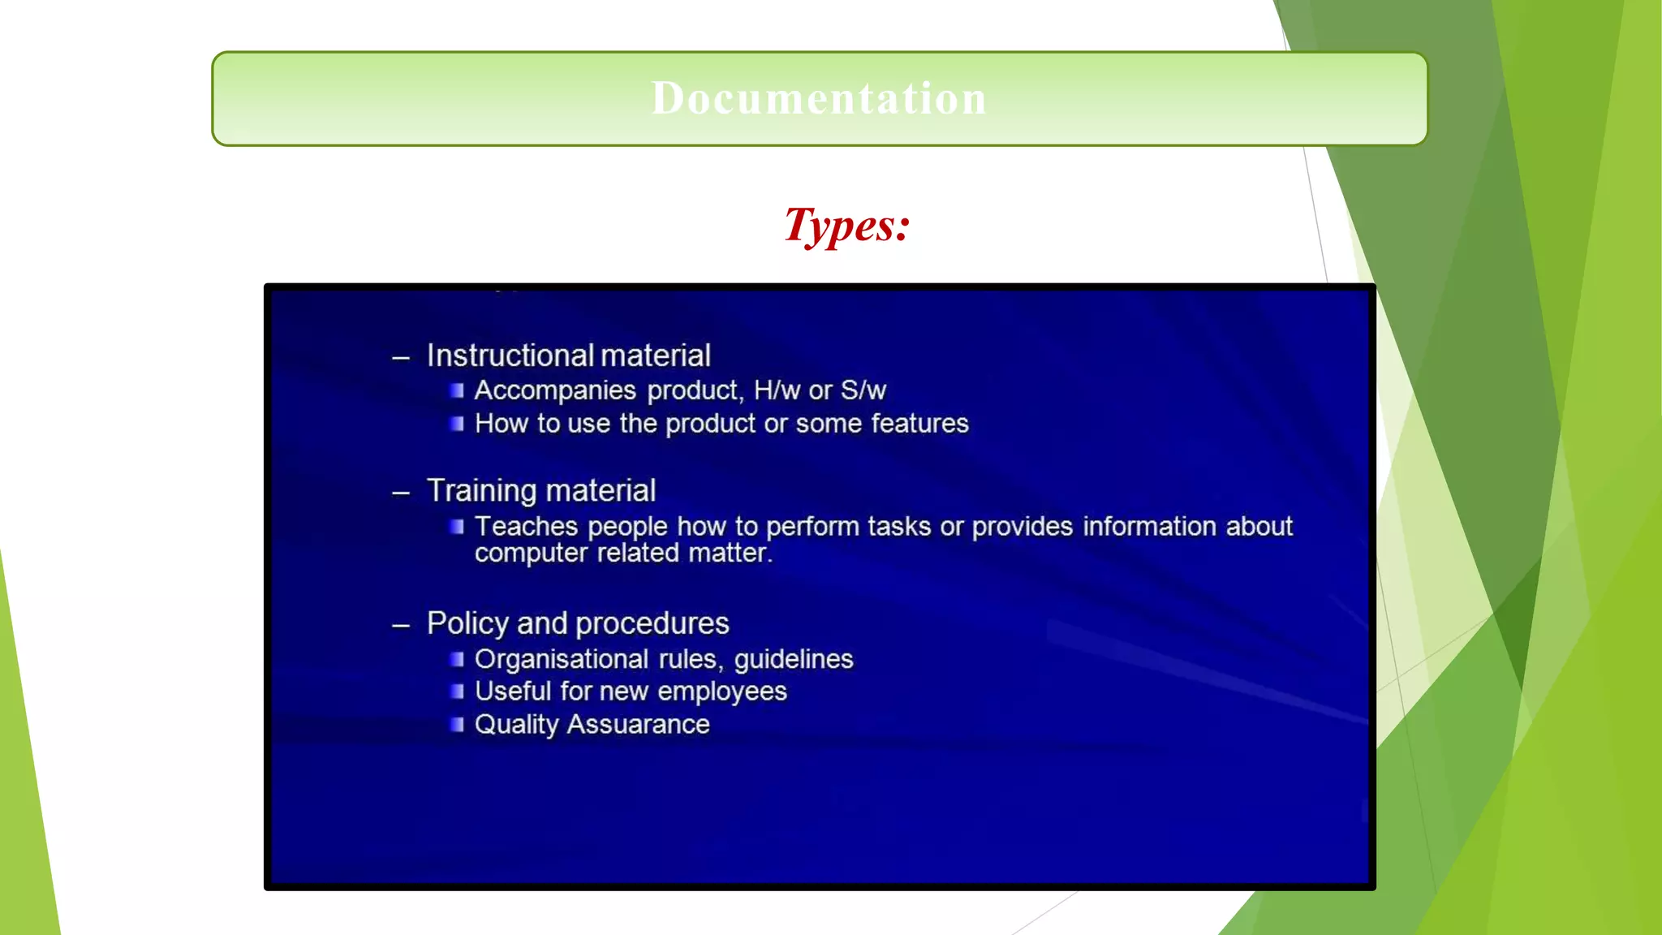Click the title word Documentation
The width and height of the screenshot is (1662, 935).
(x=819, y=98)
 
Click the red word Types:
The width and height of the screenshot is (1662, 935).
(x=846, y=225)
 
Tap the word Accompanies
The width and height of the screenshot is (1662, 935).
(x=555, y=390)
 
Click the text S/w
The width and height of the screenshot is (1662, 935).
(x=863, y=390)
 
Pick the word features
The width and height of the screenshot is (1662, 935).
(x=919, y=424)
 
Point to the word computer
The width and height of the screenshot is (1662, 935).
(x=531, y=554)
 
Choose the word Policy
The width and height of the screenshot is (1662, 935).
(x=467, y=623)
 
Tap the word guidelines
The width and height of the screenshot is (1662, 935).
(x=794, y=660)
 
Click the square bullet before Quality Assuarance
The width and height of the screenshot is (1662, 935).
(x=457, y=724)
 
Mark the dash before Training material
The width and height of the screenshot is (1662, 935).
(x=401, y=493)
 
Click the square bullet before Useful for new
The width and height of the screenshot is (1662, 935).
(x=457, y=692)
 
